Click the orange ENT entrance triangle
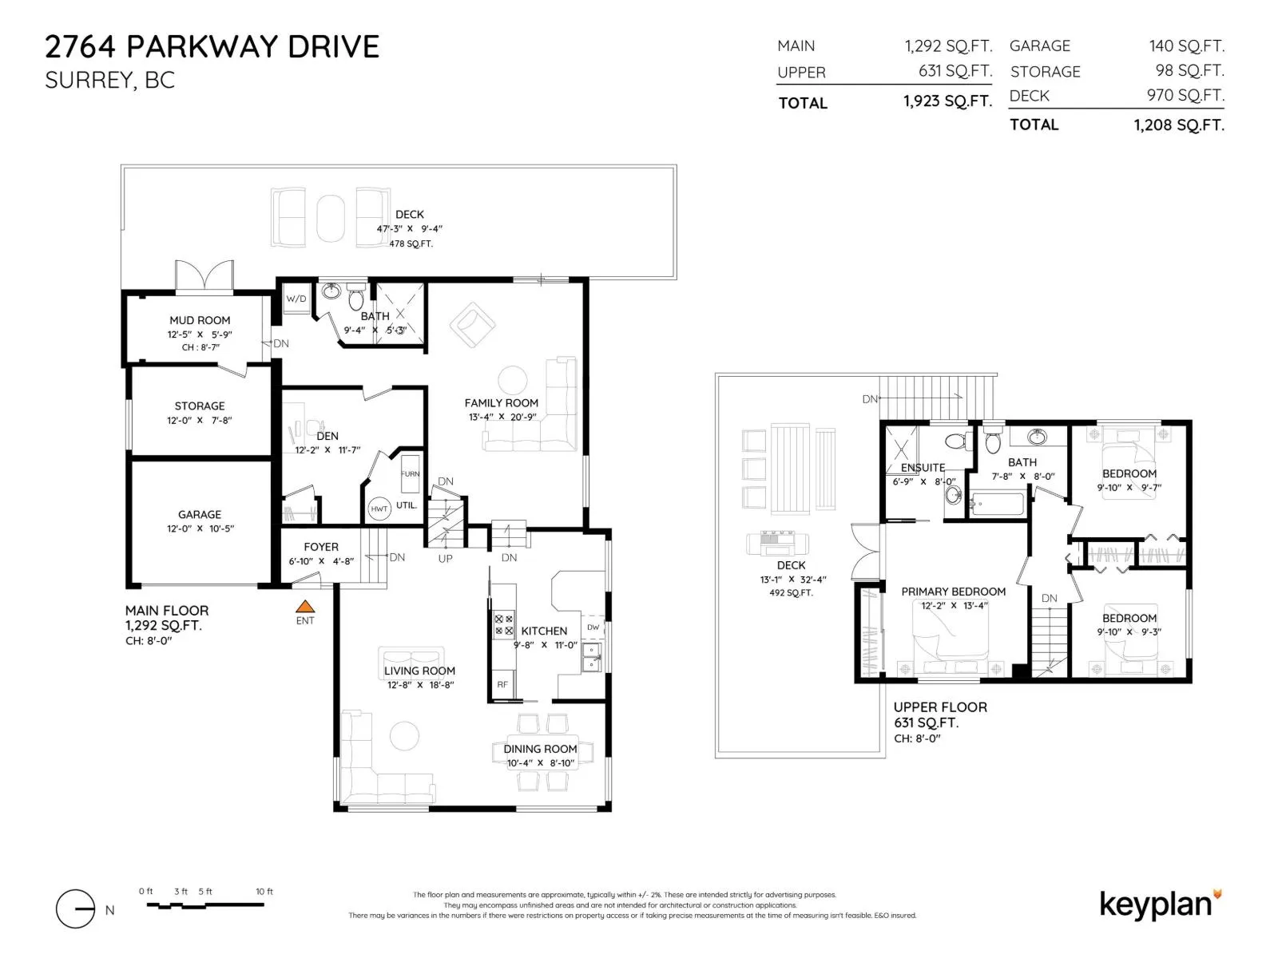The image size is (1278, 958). click(x=304, y=607)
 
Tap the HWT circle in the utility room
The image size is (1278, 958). click(x=379, y=509)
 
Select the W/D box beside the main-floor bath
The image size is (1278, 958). click(x=296, y=299)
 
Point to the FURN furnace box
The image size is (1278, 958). click(x=410, y=474)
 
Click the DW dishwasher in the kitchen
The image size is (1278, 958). click(x=593, y=627)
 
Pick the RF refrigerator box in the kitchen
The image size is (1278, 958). click(x=502, y=685)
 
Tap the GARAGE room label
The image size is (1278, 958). click(x=200, y=514)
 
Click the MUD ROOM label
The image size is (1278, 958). click(x=200, y=320)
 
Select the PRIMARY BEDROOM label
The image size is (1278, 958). click(x=953, y=592)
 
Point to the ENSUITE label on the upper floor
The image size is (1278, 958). click(x=923, y=468)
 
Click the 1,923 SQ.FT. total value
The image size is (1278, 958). click(x=947, y=101)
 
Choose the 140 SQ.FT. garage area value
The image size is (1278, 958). click(x=1186, y=46)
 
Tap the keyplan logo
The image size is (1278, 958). click(x=1160, y=905)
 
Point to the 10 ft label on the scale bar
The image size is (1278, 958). click(x=264, y=891)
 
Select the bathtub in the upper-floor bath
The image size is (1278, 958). click(x=996, y=504)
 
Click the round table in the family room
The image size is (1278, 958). click(x=512, y=381)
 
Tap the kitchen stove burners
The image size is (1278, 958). click(x=504, y=625)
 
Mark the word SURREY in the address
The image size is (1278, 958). click(x=90, y=81)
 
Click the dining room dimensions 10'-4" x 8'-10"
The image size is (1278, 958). click(x=540, y=763)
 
